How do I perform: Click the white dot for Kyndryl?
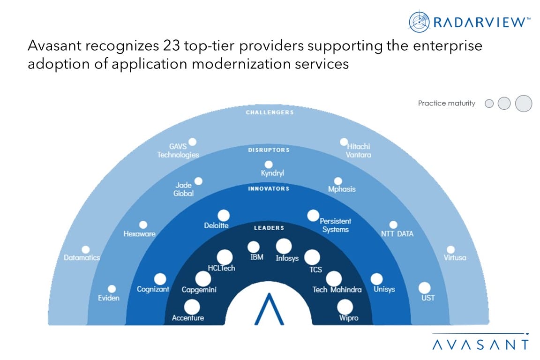point(269,165)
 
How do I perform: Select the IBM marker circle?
point(254,247)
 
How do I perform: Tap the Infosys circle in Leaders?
point(284,246)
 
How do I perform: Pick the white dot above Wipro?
point(345,307)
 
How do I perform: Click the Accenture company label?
point(188,318)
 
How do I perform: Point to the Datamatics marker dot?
point(86,250)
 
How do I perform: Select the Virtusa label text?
point(455,257)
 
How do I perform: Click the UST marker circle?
point(425,287)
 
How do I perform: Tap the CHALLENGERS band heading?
point(270,112)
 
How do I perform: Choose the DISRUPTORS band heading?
point(269,150)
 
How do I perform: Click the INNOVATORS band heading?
point(269,189)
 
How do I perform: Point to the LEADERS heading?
point(269,228)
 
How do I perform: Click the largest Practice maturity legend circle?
point(524,103)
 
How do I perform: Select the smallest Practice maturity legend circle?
point(489,104)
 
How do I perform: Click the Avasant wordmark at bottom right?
point(480,345)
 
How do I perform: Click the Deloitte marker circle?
point(224,215)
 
